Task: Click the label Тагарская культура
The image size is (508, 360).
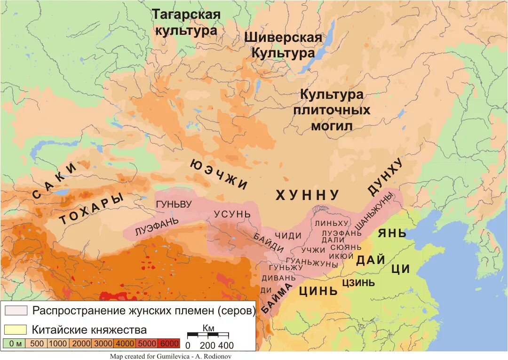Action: (x=186, y=23)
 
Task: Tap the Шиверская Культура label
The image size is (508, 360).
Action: (x=283, y=45)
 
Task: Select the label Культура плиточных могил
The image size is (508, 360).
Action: (x=332, y=110)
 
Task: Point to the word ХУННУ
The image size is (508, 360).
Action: (x=307, y=195)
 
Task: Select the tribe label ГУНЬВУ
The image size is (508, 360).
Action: (x=174, y=205)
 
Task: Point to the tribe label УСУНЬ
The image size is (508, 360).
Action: (x=232, y=214)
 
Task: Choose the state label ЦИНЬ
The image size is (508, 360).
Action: (x=319, y=290)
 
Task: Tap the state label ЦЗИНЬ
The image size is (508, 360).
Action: (x=358, y=282)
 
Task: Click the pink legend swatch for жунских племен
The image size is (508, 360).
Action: (x=16, y=311)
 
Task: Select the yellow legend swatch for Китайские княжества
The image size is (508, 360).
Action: (x=16, y=329)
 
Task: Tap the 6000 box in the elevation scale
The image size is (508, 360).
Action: (x=169, y=344)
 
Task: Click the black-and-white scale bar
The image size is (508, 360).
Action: (x=207, y=335)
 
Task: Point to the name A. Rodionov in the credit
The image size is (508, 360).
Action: (x=214, y=356)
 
